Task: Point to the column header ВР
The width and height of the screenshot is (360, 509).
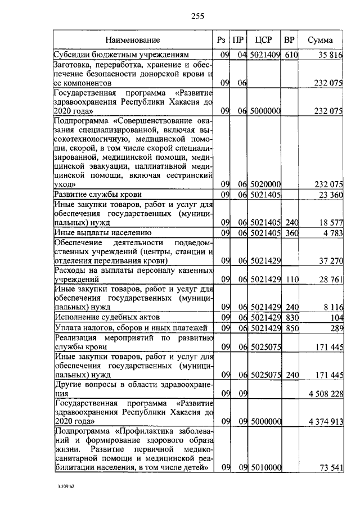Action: tap(289, 40)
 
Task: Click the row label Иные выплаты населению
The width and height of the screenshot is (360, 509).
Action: tap(102, 232)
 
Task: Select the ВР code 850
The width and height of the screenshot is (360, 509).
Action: tap(290, 327)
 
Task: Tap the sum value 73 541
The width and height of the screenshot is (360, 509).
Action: tap(330, 467)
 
